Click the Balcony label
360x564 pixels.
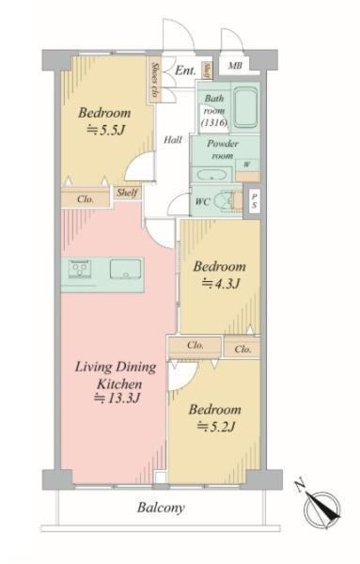[x=161, y=508]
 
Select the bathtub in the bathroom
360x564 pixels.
[x=245, y=107]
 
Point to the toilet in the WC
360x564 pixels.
[x=227, y=201]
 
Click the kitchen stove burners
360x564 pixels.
[x=80, y=269]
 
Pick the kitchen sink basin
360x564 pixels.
[x=126, y=269]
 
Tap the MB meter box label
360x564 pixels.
[x=235, y=66]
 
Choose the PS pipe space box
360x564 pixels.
[x=255, y=201]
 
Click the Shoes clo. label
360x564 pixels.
[x=155, y=80]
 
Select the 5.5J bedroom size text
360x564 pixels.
[x=105, y=131]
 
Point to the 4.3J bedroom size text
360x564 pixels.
[x=221, y=284]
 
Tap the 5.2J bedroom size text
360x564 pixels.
[x=216, y=427]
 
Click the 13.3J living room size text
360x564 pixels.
[x=117, y=399]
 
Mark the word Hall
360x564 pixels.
[x=173, y=139]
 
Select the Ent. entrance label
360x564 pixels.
[x=185, y=70]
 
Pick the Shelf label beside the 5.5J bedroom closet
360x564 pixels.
[x=127, y=193]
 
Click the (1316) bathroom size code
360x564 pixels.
[x=214, y=122]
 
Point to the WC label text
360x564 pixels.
[x=202, y=202]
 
